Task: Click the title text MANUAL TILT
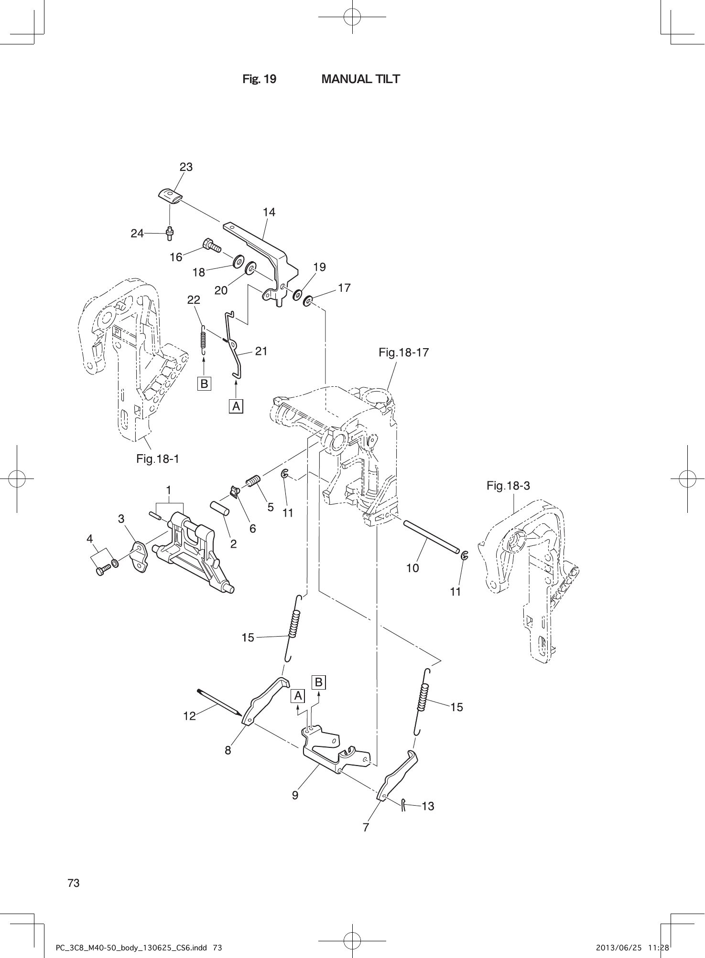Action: pyautogui.click(x=360, y=79)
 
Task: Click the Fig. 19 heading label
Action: pyautogui.click(x=259, y=79)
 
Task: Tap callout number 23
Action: pyautogui.click(x=186, y=167)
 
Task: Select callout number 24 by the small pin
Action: pyautogui.click(x=137, y=234)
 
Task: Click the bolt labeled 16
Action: pyautogui.click(x=212, y=245)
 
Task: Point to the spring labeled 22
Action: pyautogui.click(x=203, y=339)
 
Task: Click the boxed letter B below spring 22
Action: pyautogui.click(x=204, y=383)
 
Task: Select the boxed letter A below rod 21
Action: pyautogui.click(x=237, y=406)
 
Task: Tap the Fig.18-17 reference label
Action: pyautogui.click(x=403, y=353)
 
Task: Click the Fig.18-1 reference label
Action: pyautogui.click(x=157, y=459)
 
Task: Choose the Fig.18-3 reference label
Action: pyautogui.click(x=508, y=486)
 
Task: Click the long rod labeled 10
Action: pyautogui.click(x=430, y=538)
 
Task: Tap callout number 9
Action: pyautogui.click(x=295, y=796)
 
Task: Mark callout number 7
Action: pyautogui.click(x=366, y=828)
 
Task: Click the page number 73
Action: pyautogui.click(x=74, y=883)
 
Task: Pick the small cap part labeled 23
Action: pyautogui.click(x=170, y=195)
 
